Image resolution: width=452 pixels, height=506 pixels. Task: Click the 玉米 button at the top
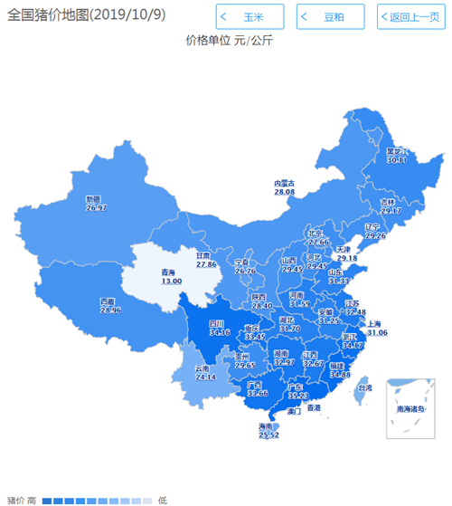(250, 17)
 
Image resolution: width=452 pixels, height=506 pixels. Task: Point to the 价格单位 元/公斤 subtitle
(230, 40)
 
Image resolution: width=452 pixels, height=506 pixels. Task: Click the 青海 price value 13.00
(172, 281)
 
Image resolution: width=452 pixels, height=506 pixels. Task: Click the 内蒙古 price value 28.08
(285, 192)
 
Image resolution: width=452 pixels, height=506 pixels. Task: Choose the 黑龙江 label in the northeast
(397, 152)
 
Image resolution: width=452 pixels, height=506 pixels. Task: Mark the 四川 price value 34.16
(219, 332)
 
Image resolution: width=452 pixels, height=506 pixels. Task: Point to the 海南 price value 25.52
(268, 434)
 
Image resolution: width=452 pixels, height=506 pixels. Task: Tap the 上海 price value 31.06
(377, 333)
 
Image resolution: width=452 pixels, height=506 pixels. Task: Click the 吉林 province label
(388, 202)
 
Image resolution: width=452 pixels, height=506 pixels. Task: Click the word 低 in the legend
(163, 500)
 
